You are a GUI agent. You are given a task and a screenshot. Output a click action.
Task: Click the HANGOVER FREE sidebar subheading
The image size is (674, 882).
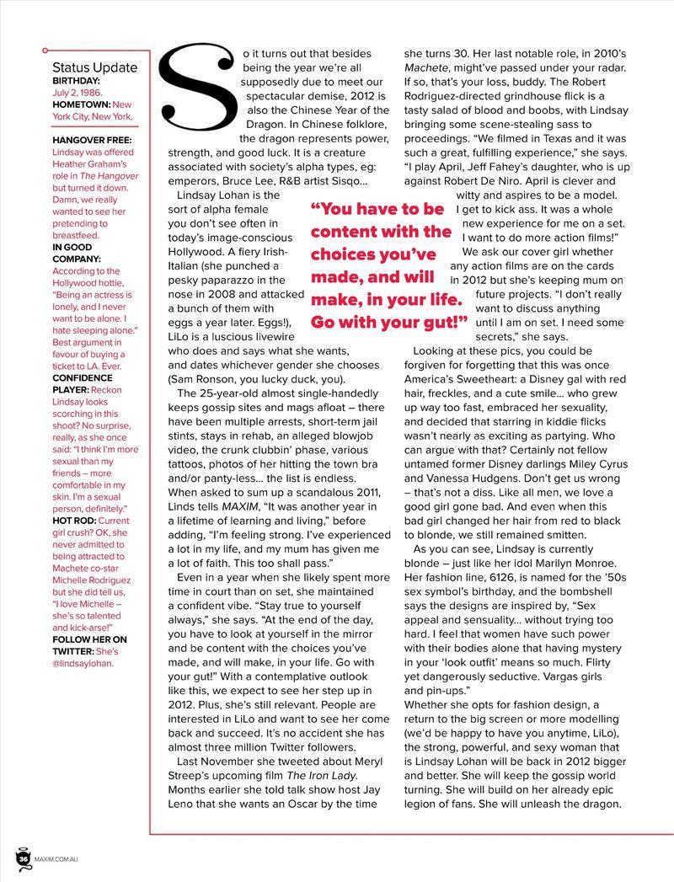click(x=92, y=139)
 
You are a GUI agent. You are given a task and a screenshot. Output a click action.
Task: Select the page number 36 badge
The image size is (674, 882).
click(x=24, y=858)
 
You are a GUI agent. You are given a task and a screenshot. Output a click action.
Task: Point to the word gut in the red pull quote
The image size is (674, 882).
click(x=438, y=322)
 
